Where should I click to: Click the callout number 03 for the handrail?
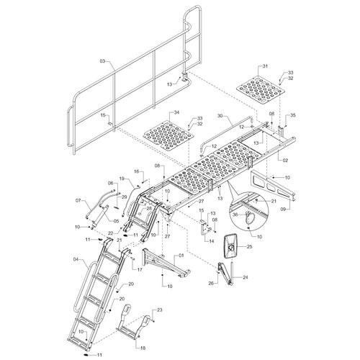[102, 61]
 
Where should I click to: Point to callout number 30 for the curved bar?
[220, 115]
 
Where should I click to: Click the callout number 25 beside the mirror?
[250, 246]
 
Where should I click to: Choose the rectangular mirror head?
[230, 246]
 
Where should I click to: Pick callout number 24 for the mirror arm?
[245, 277]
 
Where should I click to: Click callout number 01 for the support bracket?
[181, 256]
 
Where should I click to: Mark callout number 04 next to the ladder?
[77, 259]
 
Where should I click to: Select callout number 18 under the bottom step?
[143, 348]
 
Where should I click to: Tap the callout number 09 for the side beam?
[284, 210]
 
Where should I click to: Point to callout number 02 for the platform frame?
[285, 161]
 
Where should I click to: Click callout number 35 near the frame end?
[293, 115]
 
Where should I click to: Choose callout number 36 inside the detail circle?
[236, 215]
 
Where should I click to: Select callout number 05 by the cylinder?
[117, 221]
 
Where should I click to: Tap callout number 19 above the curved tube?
[122, 179]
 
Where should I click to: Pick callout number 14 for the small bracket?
[212, 241]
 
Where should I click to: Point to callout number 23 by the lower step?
[160, 310]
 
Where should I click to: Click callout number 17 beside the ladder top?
[140, 270]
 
